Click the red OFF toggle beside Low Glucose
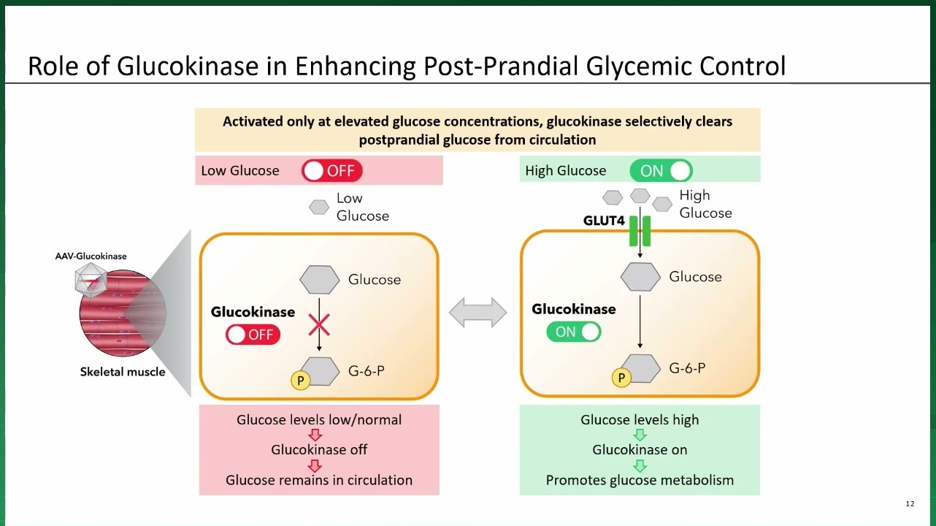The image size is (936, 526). coord(331,171)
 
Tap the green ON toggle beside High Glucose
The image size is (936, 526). coord(661,171)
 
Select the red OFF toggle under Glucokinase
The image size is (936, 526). coord(253,335)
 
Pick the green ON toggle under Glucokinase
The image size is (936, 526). coord(574,332)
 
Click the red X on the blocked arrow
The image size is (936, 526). coord(319,325)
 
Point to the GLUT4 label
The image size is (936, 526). coord(604,221)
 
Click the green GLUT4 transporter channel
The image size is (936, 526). coord(640,232)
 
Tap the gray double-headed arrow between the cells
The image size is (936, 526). coord(478,313)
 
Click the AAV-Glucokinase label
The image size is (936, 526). coord(91,256)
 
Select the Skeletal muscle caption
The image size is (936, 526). coord(123,372)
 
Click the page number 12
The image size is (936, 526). coord(910,504)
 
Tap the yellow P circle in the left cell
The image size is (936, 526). coord(300,381)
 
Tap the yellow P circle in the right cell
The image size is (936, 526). coord(621,378)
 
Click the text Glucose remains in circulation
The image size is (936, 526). coord(319,480)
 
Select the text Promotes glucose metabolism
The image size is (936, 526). coord(640,480)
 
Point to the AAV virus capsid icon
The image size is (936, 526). coord(91,280)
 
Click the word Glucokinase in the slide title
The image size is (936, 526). coord(188,66)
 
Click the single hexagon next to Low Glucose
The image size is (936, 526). coord(319,207)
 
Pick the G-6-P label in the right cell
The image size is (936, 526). coord(687,368)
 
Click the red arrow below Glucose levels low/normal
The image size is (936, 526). coord(315,435)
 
